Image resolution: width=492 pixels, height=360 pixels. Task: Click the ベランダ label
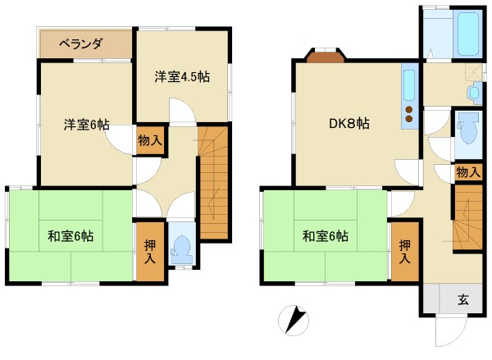[x=81, y=44]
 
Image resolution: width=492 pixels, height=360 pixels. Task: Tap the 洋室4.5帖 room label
[x=182, y=76]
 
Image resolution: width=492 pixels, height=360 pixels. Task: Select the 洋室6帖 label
[x=87, y=125]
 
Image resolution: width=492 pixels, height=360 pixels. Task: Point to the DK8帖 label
[x=349, y=123]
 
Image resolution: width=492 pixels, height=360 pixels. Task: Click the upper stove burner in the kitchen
[x=409, y=110]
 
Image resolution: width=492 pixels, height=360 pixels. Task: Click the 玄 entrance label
[x=463, y=300]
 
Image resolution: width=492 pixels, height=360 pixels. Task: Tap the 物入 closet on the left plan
[x=150, y=140]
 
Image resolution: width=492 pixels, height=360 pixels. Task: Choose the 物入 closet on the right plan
[x=468, y=172]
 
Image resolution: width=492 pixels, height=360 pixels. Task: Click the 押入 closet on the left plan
[x=150, y=252]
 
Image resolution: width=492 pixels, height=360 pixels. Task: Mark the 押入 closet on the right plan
[x=405, y=252]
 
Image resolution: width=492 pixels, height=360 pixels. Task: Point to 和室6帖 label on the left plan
[x=71, y=236]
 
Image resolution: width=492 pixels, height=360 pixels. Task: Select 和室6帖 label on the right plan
[x=326, y=236]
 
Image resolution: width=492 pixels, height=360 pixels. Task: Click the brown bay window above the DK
[x=326, y=57]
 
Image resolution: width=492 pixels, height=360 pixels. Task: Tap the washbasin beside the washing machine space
[x=474, y=93]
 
